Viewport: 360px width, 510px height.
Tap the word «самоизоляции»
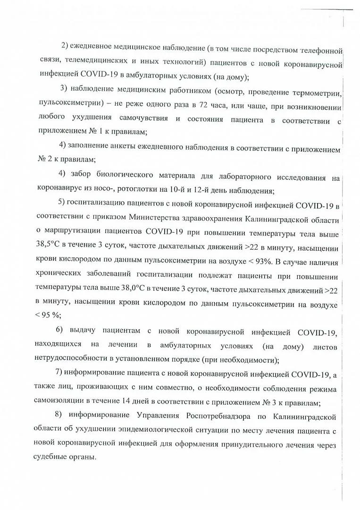tap(60, 403)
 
